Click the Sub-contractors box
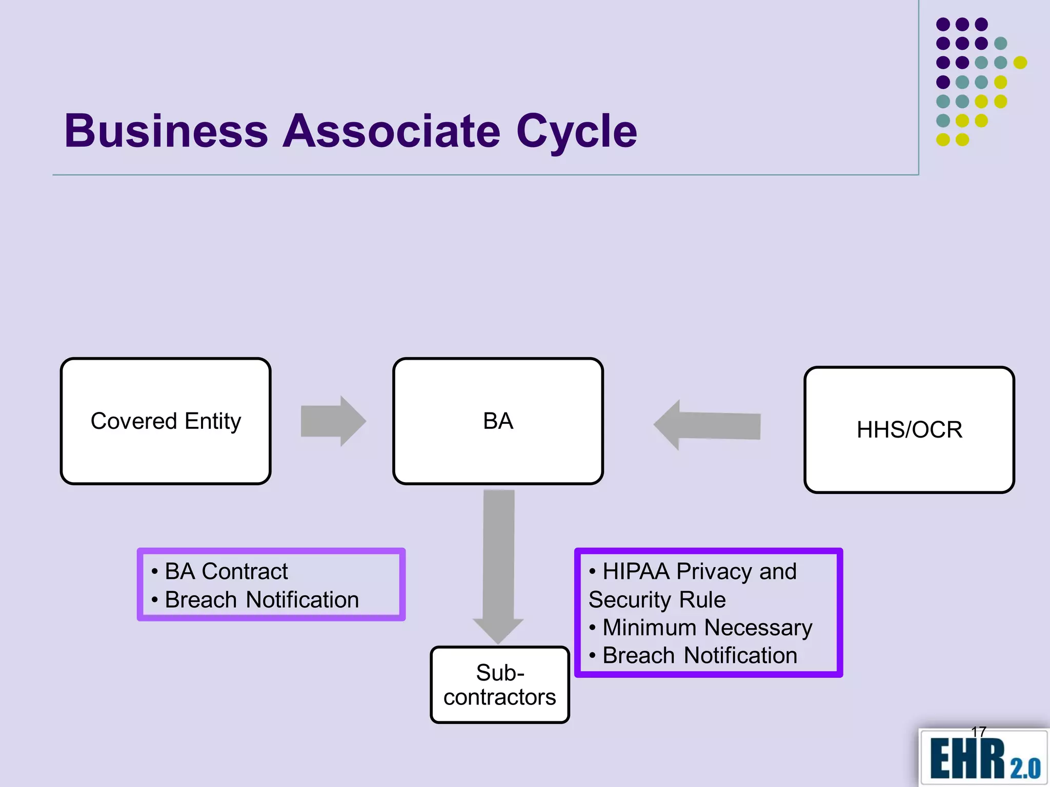click(500, 685)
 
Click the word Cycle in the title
click(576, 132)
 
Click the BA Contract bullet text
click(226, 571)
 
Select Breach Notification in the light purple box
click(261, 599)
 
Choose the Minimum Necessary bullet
click(707, 627)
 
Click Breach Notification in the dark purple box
click(699, 655)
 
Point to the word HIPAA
click(636, 571)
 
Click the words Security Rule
click(657, 599)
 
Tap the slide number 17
click(978, 732)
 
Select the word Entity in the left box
click(212, 421)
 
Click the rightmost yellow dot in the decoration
click(1020, 63)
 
